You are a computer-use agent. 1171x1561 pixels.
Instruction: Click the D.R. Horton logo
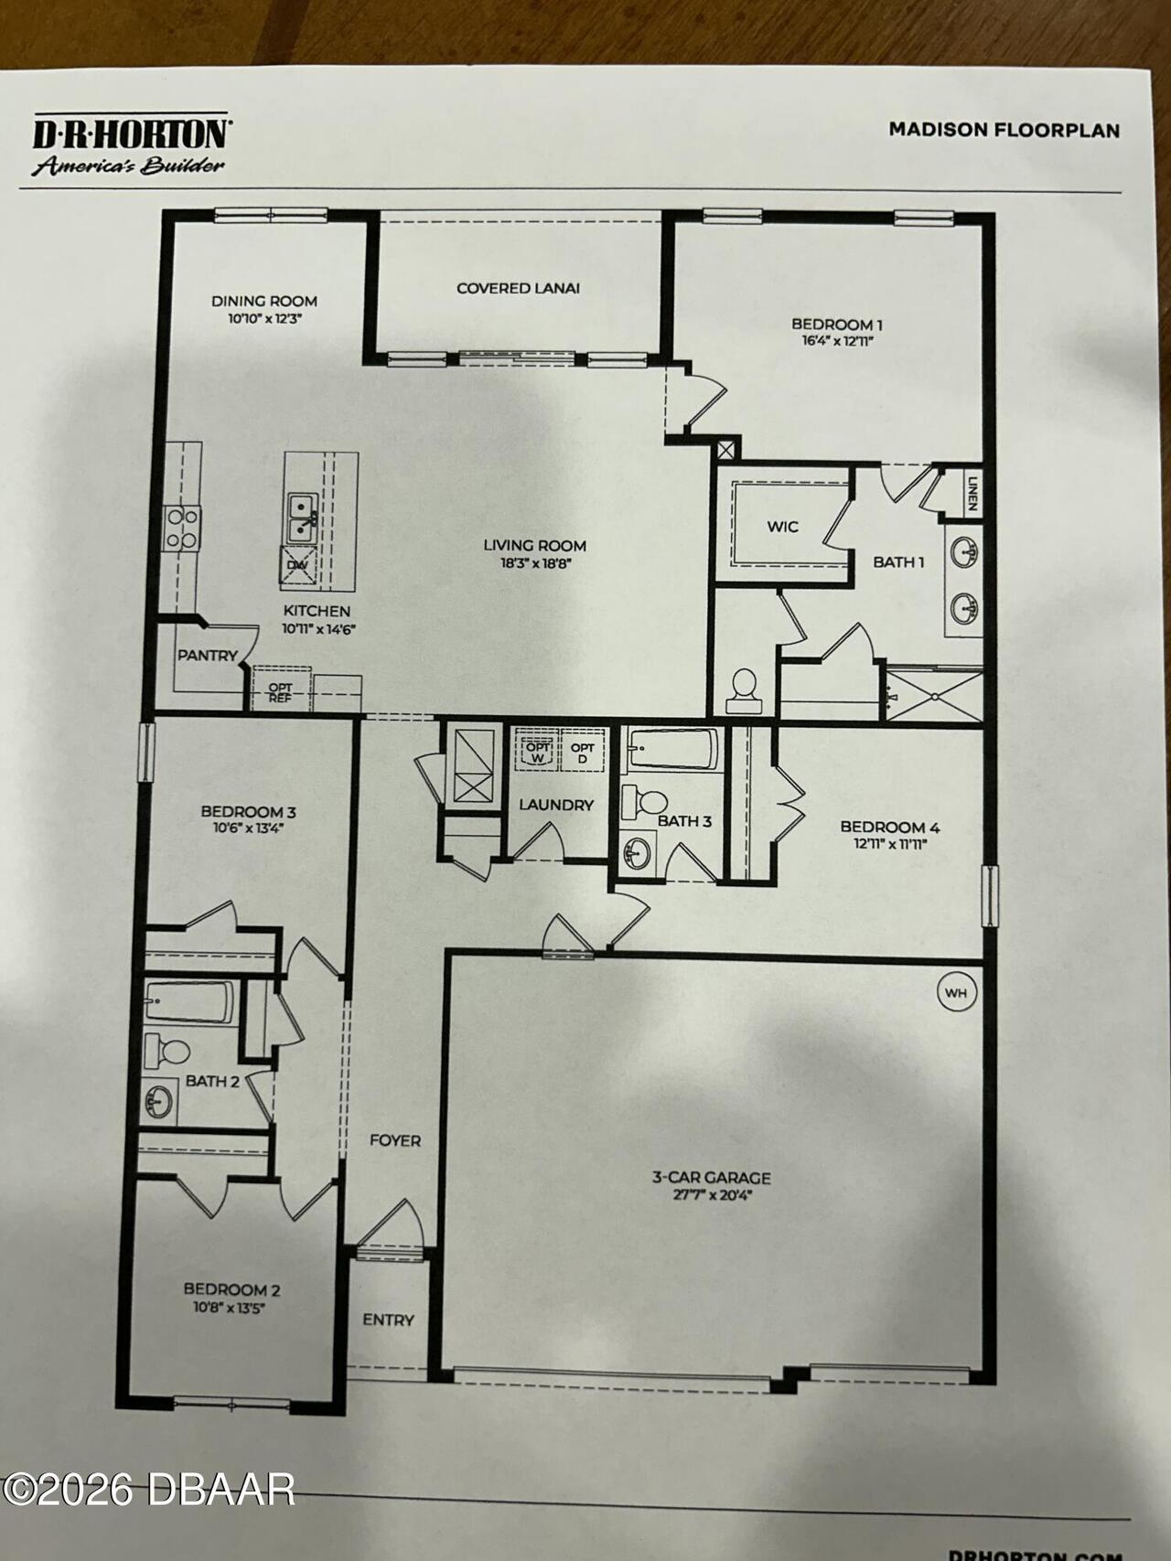[x=130, y=144]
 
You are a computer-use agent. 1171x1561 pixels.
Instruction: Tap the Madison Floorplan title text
[x=1004, y=130]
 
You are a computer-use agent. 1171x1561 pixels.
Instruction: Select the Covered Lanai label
[x=518, y=288]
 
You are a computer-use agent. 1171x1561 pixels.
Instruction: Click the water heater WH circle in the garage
[x=956, y=992]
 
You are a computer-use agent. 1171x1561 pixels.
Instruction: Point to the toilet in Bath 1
[x=744, y=690]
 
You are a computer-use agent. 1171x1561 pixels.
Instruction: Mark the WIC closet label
[x=782, y=527]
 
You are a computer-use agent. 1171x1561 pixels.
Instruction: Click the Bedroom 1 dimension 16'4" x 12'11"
[x=836, y=341]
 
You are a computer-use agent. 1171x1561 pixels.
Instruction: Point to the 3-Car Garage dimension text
[x=711, y=1194]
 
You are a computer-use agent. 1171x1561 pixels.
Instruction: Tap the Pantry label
[x=207, y=656]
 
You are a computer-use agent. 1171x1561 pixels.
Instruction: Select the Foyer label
[x=395, y=1140]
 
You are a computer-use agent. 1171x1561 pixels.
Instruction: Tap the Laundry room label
[x=556, y=806]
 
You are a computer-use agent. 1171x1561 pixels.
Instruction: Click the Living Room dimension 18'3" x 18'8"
[x=534, y=563]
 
